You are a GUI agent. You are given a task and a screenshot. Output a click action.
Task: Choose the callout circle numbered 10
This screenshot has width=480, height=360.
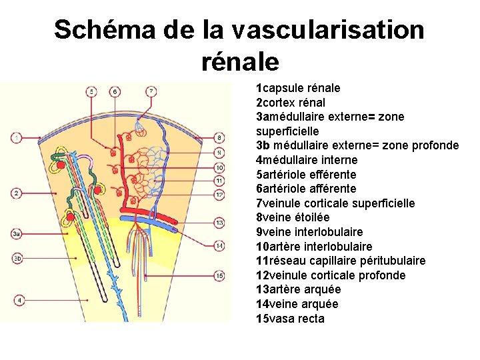coord(219,167)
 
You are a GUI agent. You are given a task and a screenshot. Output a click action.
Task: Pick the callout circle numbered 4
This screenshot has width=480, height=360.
coord(20,301)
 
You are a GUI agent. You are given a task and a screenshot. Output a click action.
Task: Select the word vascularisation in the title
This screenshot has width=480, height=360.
coord(329,30)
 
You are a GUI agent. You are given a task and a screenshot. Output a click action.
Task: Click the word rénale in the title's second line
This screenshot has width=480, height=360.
coord(239,62)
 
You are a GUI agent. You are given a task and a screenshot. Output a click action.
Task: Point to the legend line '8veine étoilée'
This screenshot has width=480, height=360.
coord(293,217)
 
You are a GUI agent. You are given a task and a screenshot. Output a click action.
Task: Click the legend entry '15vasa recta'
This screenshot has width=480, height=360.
coord(290,319)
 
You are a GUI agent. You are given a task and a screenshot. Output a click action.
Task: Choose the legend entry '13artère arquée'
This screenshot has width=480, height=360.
coord(298,289)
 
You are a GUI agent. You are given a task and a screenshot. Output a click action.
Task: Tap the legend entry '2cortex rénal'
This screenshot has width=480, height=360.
coord(291,103)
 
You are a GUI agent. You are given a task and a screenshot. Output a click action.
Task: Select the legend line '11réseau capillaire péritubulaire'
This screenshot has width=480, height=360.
coord(341,261)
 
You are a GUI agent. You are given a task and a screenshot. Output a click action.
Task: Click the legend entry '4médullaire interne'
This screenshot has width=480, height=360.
coord(307,160)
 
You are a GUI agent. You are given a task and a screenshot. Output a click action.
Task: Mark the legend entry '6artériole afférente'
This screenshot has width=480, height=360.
coord(306,189)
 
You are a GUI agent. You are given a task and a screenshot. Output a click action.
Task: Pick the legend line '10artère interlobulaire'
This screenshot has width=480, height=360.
coord(314,247)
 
